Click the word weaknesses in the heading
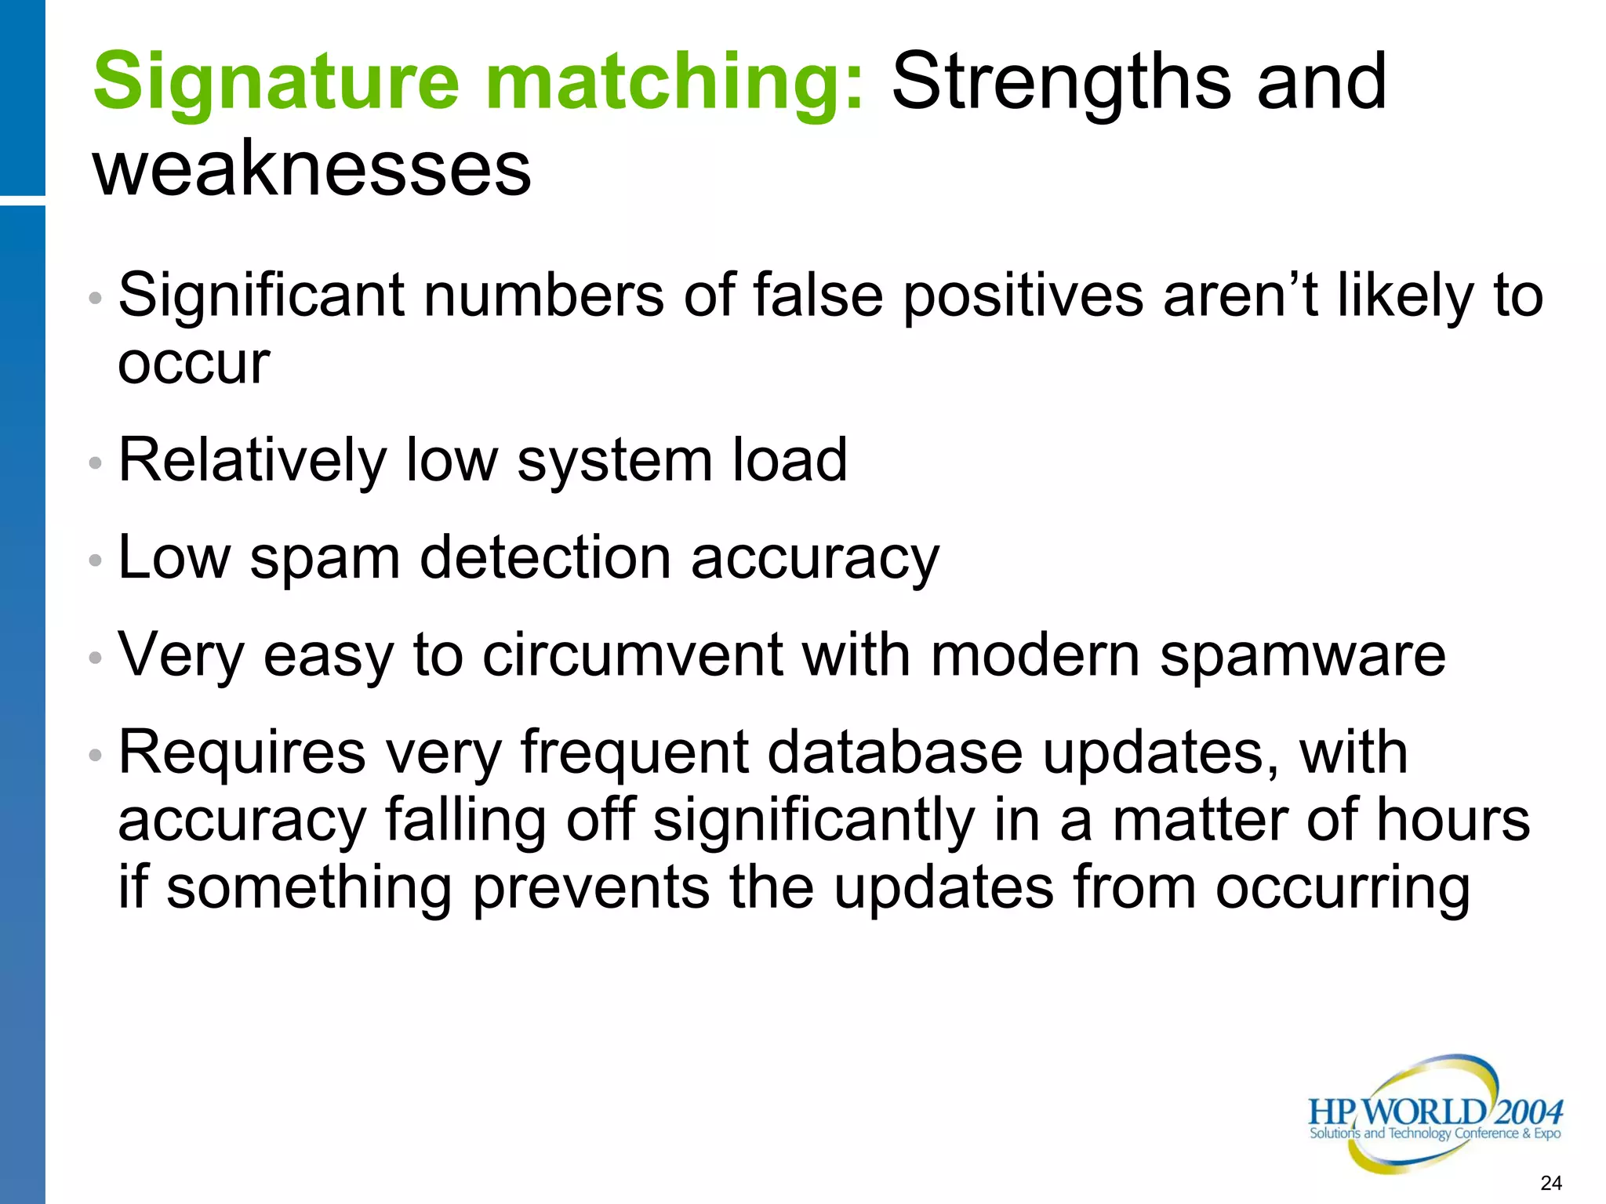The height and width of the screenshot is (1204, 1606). coord(312,168)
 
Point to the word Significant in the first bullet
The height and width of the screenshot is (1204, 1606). coord(262,296)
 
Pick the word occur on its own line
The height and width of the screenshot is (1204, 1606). coord(194,364)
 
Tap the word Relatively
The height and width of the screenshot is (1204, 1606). coord(252,460)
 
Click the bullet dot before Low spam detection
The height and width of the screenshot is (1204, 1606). coord(96,560)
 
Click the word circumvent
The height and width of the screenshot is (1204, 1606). coord(632,655)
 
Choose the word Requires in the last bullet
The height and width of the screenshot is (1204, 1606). coord(242,753)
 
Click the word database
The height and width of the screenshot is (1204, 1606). coord(895,752)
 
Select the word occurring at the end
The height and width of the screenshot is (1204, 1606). coord(1343,888)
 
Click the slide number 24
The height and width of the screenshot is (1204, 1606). coord(1550,1183)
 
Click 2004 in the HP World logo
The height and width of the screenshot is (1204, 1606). coord(1528,1112)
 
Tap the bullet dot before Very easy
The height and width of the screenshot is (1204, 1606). coord(96,658)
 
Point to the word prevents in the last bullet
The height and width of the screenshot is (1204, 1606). coord(591,888)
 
